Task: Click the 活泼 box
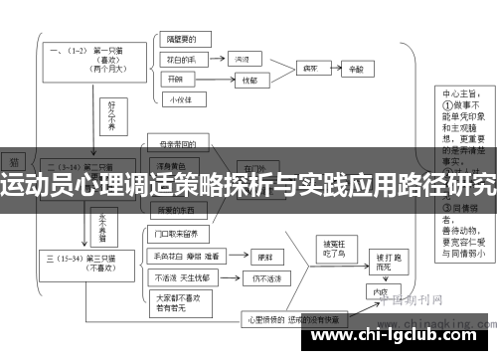(243, 60)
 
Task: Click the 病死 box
(310, 71)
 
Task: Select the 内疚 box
(379, 295)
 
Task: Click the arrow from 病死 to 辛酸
(333, 71)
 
